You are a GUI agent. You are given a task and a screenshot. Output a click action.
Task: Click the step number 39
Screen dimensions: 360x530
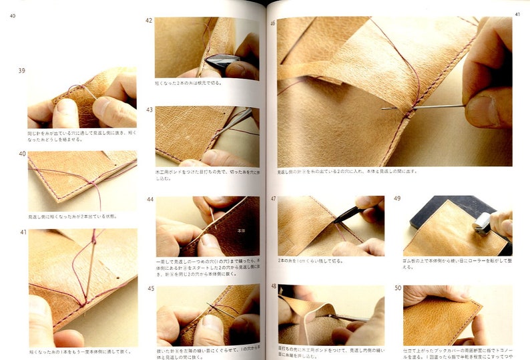(x=22, y=70)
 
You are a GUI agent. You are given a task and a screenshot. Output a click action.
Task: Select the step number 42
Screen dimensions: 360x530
(x=149, y=20)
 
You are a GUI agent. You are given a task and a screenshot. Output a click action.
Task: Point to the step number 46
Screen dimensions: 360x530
(x=272, y=23)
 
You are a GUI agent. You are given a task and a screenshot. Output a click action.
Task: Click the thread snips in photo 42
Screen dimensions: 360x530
(x=222, y=63)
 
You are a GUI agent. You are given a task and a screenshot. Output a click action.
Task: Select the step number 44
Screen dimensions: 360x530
(x=150, y=199)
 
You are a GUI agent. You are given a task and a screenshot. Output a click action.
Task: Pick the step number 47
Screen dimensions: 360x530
(x=273, y=199)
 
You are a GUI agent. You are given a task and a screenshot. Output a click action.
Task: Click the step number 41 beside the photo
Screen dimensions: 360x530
(x=22, y=232)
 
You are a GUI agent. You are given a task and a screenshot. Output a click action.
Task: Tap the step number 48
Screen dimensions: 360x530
(x=273, y=287)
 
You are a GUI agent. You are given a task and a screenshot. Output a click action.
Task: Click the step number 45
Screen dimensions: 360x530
(x=150, y=288)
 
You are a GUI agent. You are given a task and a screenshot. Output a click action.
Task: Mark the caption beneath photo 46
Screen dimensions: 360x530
(x=347, y=172)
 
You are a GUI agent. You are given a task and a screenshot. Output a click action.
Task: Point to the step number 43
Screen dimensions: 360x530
(x=150, y=110)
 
